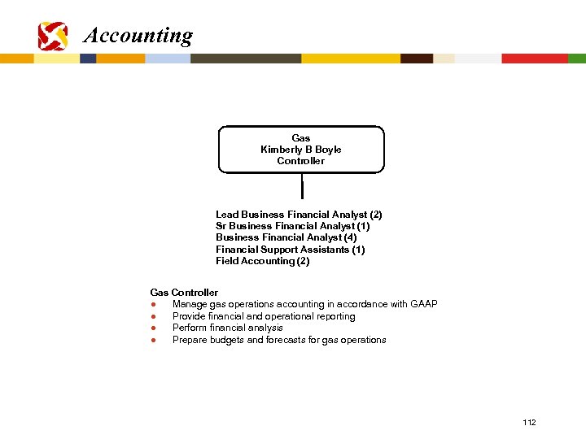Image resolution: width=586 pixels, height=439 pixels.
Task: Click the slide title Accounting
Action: [x=138, y=36]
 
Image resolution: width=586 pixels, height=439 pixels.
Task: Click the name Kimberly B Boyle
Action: [x=300, y=150]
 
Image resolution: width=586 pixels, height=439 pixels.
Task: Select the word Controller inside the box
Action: [x=300, y=161]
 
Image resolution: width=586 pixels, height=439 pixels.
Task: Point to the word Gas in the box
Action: [x=300, y=138]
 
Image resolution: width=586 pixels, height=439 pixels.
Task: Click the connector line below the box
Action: [x=302, y=186]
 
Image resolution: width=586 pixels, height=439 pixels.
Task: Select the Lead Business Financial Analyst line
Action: [x=299, y=215]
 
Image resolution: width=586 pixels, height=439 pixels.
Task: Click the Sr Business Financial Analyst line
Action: [x=292, y=226]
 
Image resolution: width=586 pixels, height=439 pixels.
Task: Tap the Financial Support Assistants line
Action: [x=290, y=250]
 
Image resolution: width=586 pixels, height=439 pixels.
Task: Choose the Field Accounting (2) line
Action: [x=262, y=261]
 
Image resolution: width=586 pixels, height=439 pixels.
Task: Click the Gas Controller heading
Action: [x=184, y=293]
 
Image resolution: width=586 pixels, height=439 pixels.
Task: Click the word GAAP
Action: [x=424, y=304]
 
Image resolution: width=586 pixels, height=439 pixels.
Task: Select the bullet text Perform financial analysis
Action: [x=227, y=328]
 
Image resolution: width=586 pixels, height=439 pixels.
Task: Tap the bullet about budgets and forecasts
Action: [x=279, y=340]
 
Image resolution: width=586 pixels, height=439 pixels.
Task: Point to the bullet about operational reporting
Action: [x=264, y=316]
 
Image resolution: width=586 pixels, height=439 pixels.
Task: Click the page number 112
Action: [x=529, y=423]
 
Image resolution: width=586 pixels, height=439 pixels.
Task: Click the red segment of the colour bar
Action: [x=534, y=59]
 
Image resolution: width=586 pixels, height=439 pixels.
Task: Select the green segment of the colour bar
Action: [x=576, y=59]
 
